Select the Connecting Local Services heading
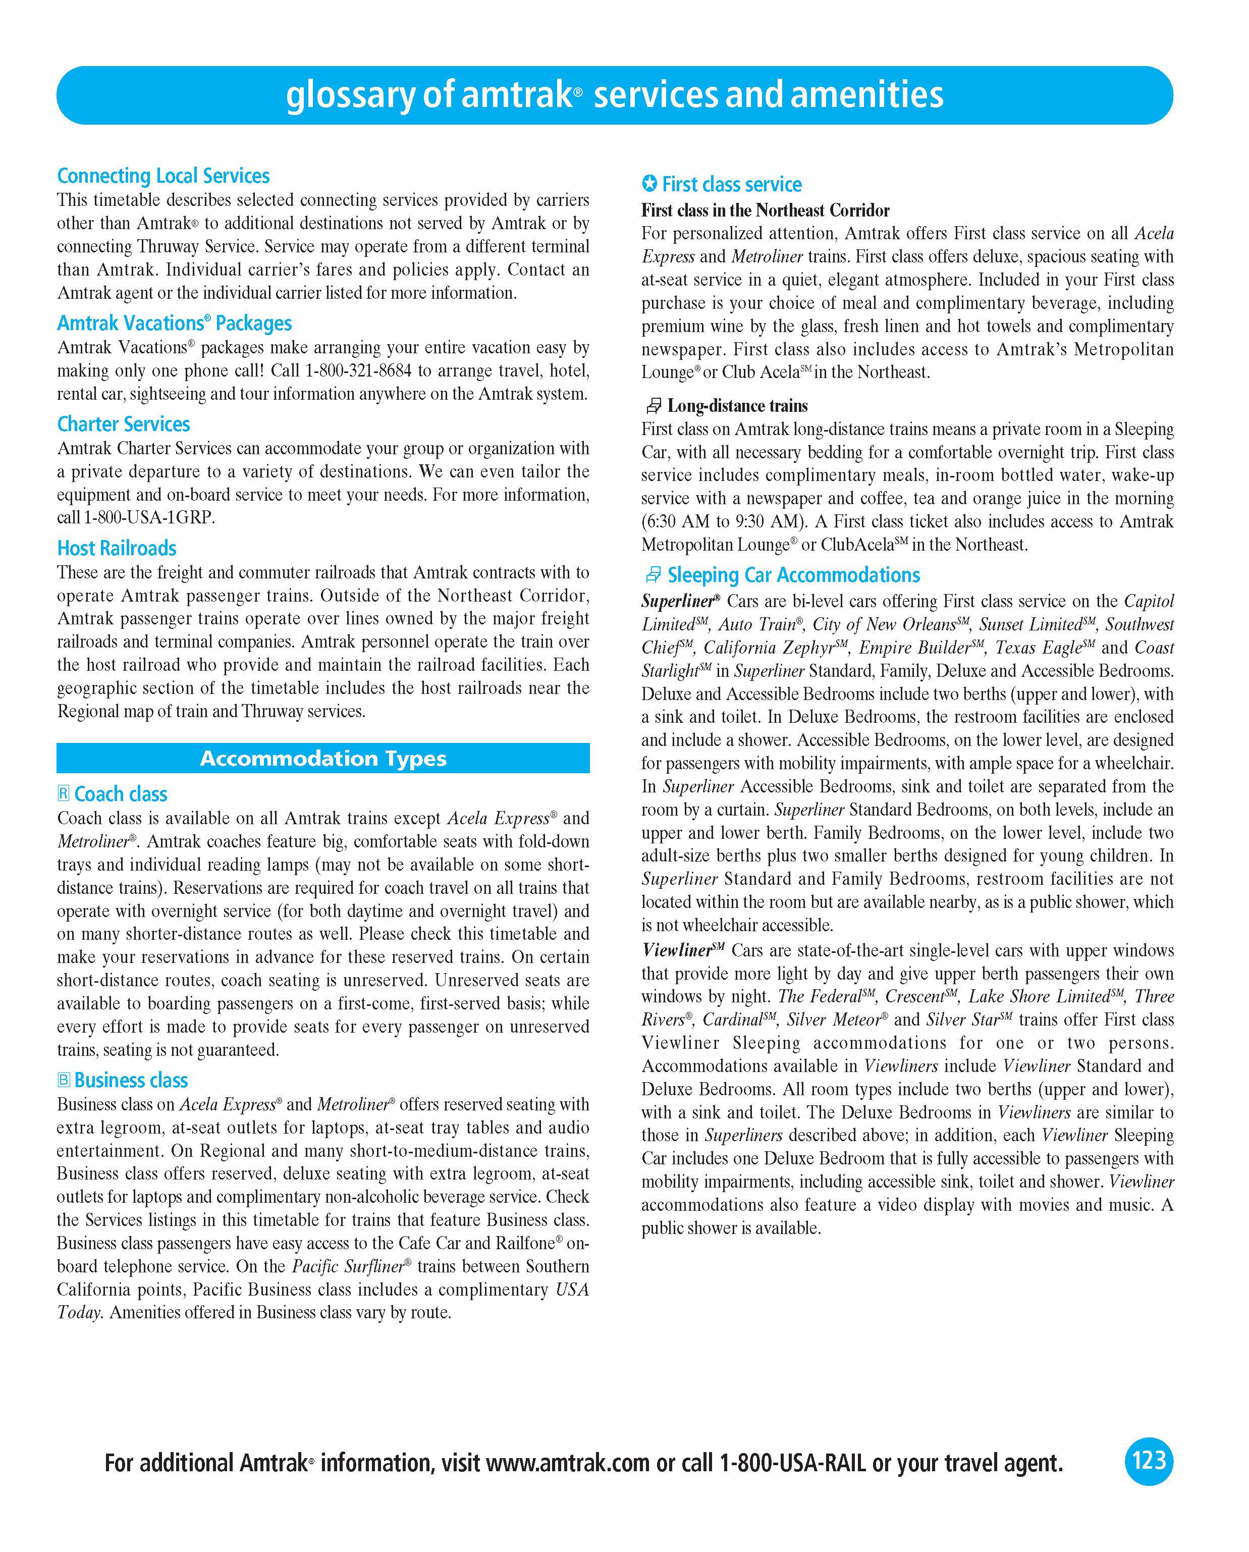(x=164, y=176)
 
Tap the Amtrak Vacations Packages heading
(x=174, y=323)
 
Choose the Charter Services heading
(x=123, y=424)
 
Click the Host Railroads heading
(x=117, y=549)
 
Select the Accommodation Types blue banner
(x=323, y=759)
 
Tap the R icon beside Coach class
(x=64, y=794)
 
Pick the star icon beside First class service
(x=649, y=184)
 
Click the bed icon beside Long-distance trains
(x=653, y=406)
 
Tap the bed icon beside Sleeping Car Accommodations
(x=653, y=575)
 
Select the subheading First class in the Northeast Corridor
(x=765, y=210)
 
